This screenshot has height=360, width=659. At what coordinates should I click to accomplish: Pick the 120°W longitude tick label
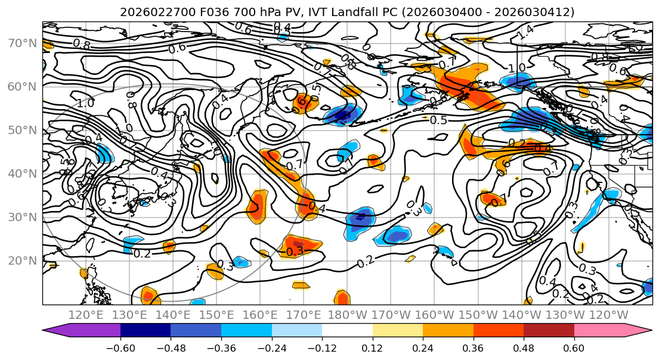609,315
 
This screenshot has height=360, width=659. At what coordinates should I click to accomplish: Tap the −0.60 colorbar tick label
120,347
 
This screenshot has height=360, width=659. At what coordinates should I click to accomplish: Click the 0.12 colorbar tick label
373,347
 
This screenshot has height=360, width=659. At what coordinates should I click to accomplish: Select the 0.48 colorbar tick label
524,347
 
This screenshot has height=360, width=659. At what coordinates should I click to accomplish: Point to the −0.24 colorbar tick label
272,347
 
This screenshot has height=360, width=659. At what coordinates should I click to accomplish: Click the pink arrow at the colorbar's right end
642,331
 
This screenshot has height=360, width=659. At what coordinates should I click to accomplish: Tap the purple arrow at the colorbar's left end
57,331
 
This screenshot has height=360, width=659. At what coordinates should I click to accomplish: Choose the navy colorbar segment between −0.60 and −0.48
146,331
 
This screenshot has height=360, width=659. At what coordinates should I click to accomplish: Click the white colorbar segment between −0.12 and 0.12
347,331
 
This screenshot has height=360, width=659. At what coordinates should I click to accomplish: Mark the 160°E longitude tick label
261,315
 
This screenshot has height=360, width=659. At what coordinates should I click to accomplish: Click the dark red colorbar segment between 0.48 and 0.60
549,331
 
